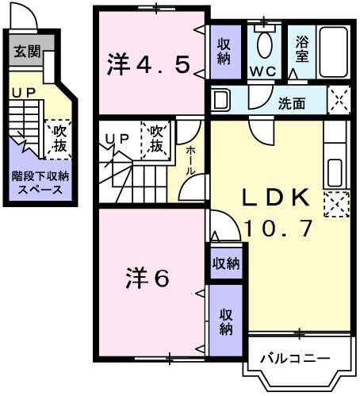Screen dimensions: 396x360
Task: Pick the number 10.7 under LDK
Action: (274, 229)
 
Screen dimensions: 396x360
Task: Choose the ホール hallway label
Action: (190, 160)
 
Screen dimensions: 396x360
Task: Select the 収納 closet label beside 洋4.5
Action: (224, 52)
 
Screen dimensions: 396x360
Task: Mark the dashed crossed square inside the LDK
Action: (335, 204)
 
